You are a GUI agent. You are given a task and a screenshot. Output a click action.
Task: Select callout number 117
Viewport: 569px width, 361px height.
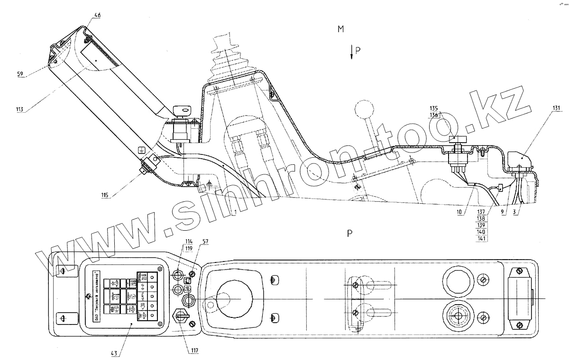(x=195, y=351)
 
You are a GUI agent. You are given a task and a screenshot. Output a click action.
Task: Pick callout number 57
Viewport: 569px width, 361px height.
(x=205, y=242)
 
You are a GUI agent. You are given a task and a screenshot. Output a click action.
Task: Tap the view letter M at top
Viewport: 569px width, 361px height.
(x=340, y=29)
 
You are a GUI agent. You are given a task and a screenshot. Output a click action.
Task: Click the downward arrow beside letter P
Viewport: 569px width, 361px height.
(x=351, y=52)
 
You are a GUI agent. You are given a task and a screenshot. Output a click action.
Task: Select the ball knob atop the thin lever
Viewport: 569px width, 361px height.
(x=364, y=108)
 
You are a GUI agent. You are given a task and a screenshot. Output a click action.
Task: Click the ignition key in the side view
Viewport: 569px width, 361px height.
(x=182, y=111)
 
